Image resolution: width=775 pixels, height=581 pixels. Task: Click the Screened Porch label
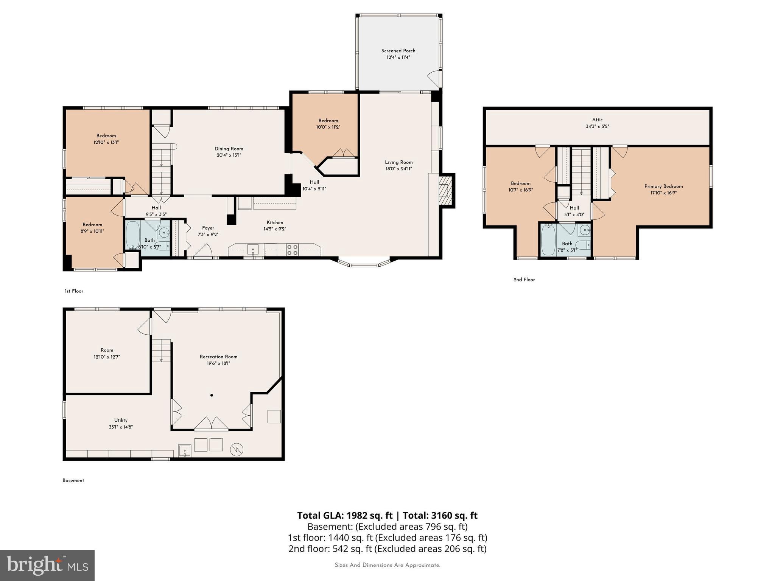(x=398, y=51)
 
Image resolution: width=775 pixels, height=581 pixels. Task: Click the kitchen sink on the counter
(x=253, y=250)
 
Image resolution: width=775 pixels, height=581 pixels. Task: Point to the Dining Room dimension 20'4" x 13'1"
(x=229, y=155)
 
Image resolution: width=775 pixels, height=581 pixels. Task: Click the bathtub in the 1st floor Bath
(x=132, y=235)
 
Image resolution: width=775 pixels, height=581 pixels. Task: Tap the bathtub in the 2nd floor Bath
(x=548, y=239)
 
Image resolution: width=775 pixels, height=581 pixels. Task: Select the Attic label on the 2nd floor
(x=597, y=120)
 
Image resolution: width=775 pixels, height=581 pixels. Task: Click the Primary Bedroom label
(x=663, y=186)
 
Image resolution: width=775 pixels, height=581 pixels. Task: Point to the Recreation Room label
(x=218, y=357)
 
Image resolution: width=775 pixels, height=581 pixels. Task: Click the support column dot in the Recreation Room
(x=212, y=395)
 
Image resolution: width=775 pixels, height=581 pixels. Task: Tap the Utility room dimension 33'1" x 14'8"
(x=121, y=427)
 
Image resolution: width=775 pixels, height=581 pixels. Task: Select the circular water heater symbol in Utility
(x=237, y=449)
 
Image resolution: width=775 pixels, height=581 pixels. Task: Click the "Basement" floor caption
(x=73, y=480)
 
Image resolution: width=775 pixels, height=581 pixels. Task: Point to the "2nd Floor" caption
(x=524, y=280)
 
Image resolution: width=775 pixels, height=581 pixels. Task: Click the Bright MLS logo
(x=47, y=565)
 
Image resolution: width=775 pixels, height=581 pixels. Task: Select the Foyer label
(x=208, y=228)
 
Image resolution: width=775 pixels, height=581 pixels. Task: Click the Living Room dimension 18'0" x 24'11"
(x=398, y=169)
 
